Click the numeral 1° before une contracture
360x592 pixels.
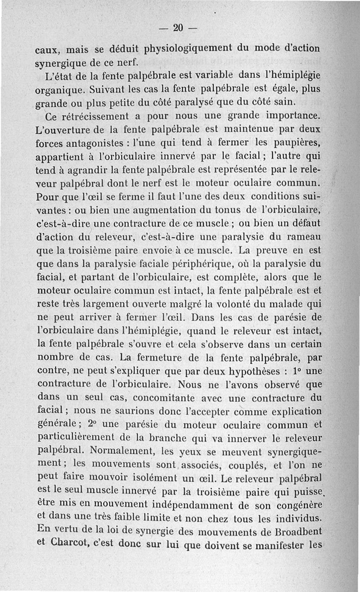(x=297, y=372)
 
